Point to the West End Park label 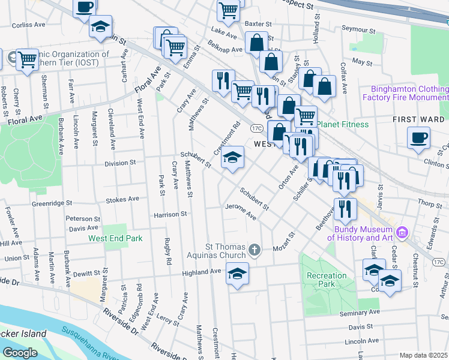point(115,238)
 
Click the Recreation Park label point(327,280)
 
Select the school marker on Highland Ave point(238,274)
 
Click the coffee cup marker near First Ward point(418,137)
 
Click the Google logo point(19,353)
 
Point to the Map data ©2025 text point(423,355)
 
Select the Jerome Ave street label point(241,211)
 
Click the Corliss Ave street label point(28,25)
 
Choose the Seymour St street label point(358,29)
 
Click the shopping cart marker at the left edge point(27,59)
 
